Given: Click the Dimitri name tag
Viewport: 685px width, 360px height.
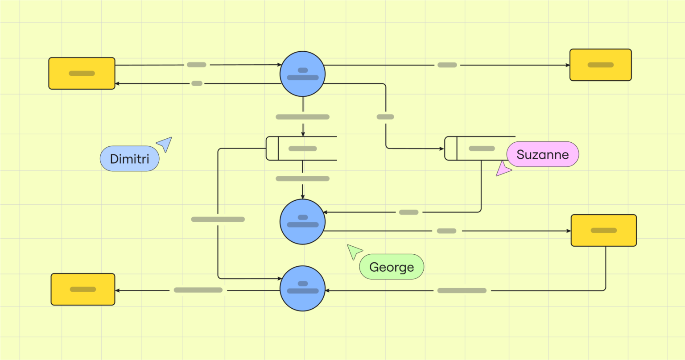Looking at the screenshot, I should tap(129, 159).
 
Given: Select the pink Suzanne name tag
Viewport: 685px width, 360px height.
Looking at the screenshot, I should tap(542, 154).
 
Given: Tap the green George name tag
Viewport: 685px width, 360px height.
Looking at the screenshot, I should tap(392, 267).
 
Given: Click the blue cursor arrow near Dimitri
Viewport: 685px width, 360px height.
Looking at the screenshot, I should tap(165, 144).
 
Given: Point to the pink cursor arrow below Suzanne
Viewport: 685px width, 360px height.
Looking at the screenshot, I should tap(503, 169).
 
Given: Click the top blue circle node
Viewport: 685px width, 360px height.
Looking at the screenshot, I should tap(302, 74).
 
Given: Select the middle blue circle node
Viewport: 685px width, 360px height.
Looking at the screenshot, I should tap(302, 222).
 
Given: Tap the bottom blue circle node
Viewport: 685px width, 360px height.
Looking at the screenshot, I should tap(302, 289).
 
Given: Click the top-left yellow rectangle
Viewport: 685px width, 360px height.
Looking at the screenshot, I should tap(82, 73).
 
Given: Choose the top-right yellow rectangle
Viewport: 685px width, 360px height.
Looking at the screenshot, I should tap(600, 65).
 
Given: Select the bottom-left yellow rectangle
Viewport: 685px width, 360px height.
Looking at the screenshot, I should tap(83, 290).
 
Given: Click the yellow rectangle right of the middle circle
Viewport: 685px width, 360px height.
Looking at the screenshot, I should tap(603, 231).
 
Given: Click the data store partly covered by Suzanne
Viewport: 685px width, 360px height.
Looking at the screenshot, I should tap(477, 149).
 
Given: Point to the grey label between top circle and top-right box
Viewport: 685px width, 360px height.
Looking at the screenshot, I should tap(447, 65).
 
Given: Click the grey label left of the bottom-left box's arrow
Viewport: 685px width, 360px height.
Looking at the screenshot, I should tap(198, 290).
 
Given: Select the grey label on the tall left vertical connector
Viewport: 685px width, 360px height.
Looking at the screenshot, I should tap(218, 219).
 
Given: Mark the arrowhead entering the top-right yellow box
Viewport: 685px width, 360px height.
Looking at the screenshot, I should tap(568, 65).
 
